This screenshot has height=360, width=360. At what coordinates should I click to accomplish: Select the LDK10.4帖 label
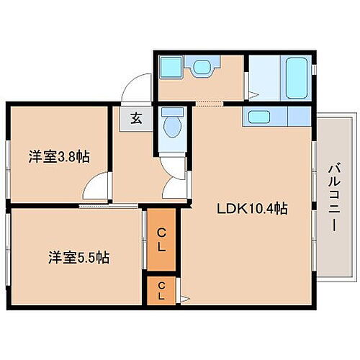click(x=253, y=209)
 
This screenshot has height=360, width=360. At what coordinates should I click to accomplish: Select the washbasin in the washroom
click(x=200, y=68)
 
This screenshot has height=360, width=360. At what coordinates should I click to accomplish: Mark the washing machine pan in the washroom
click(x=171, y=69)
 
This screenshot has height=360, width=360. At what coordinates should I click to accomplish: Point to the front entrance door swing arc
click(x=134, y=91)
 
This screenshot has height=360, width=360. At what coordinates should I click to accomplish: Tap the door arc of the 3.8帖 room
click(x=96, y=188)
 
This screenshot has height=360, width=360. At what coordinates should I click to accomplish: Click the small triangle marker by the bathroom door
click(x=252, y=92)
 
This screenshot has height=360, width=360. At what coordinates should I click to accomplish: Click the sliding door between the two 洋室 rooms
click(x=108, y=207)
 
